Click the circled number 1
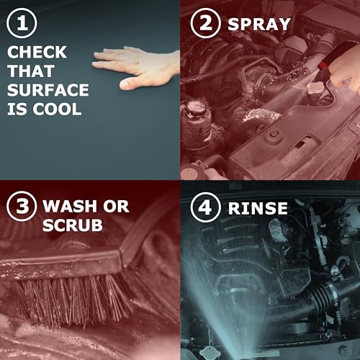(x=22, y=23)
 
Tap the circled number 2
(x=206, y=23)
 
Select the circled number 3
(x=22, y=206)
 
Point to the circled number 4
(x=206, y=207)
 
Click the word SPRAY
(x=259, y=24)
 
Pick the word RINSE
(x=258, y=208)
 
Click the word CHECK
(x=37, y=52)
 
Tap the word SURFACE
(x=48, y=90)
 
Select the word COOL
(x=57, y=109)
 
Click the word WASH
(x=70, y=206)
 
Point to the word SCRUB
(x=73, y=225)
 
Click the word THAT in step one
(x=31, y=71)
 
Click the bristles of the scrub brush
(x=72, y=300)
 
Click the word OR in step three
(x=117, y=206)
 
